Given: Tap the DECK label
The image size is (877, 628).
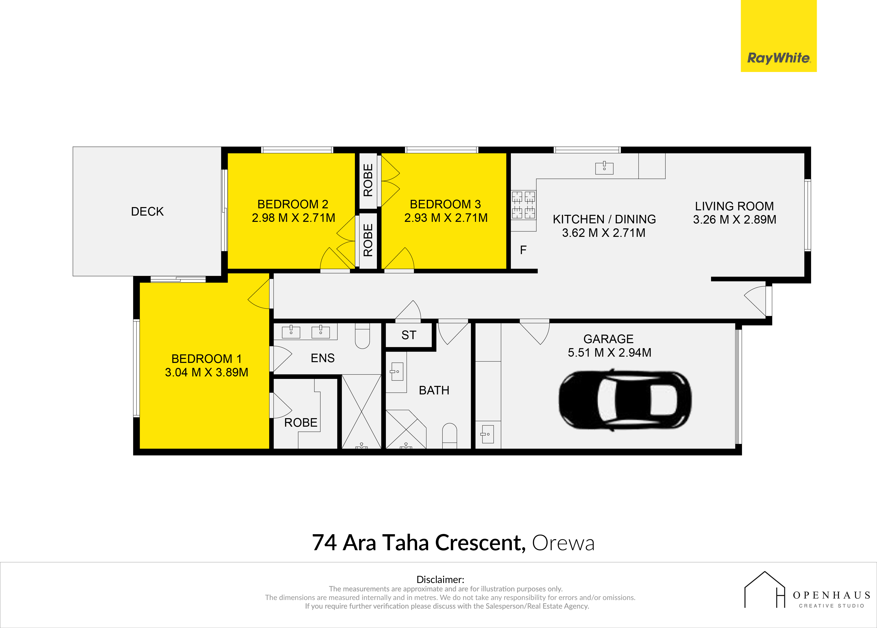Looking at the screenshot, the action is point(147,212).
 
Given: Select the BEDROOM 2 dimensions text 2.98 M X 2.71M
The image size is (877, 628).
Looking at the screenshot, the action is point(293,218).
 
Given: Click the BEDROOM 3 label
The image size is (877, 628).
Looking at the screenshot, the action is point(445,204).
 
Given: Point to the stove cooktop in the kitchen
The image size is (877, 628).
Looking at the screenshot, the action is point(524,205).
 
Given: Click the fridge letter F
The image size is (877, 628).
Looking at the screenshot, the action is point(523,250).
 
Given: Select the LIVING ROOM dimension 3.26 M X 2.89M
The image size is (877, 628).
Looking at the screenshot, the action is point(735,220).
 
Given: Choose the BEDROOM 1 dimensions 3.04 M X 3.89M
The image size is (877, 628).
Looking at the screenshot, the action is point(206,372).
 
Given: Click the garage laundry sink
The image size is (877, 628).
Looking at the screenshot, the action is point(488,434).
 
